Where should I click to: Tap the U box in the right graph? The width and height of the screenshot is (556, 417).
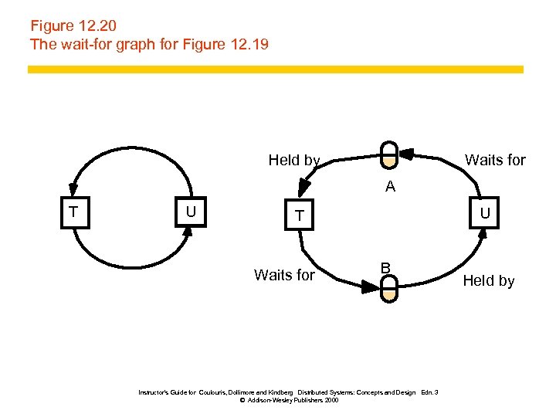[x=484, y=212]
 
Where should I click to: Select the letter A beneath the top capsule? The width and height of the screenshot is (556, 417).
[x=391, y=186]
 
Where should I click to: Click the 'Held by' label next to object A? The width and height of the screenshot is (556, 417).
[x=294, y=161]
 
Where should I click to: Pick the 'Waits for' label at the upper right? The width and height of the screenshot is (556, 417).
[x=495, y=161]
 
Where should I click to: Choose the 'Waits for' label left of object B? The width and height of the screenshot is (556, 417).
[x=284, y=275]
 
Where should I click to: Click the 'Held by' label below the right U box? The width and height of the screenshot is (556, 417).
[x=488, y=281]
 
